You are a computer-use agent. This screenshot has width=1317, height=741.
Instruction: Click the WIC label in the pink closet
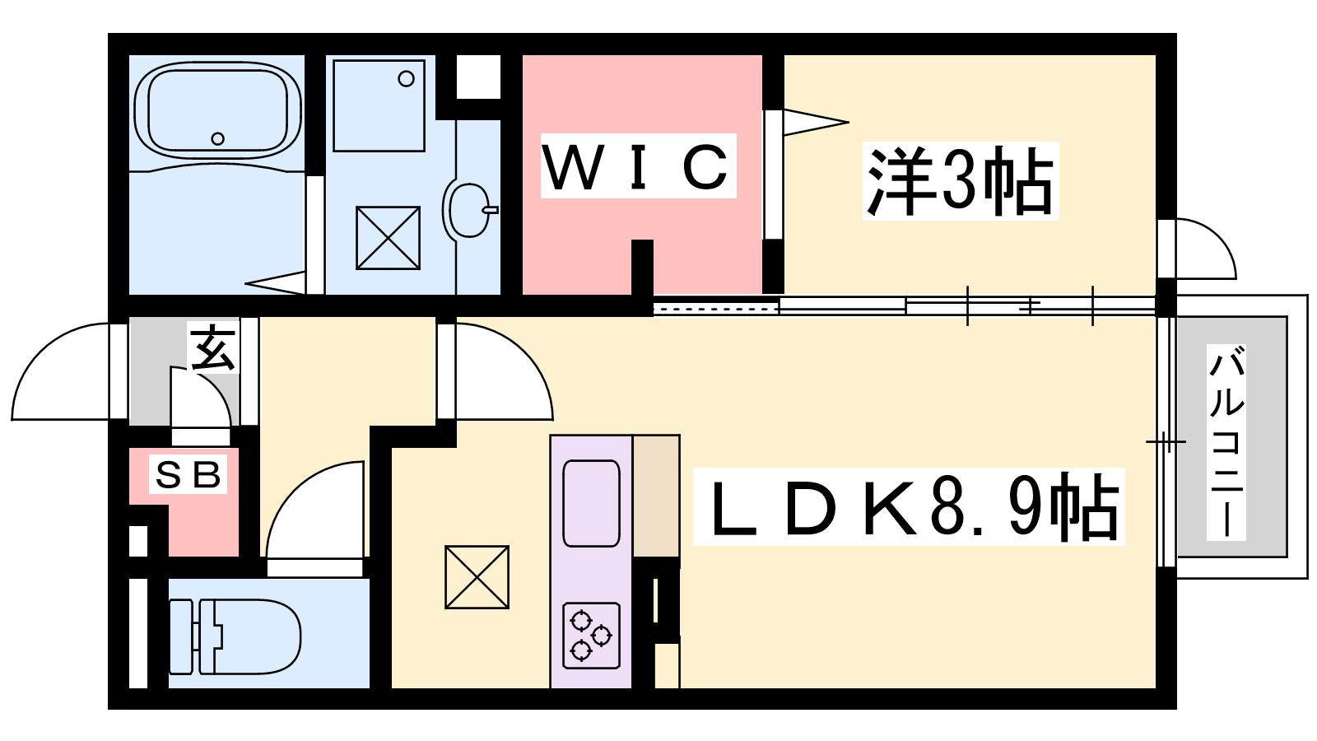point(638,165)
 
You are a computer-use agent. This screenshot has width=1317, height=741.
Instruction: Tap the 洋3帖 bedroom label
point(960,180)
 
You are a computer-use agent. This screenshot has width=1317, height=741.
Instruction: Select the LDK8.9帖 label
point(909,506)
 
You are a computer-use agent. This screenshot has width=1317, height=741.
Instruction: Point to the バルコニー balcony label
point(1226,442)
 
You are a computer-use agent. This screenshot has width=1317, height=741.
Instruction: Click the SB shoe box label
point(188,474)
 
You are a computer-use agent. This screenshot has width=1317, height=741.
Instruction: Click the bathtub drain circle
point(217,139)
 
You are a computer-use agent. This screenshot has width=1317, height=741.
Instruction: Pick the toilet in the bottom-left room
point(235,636)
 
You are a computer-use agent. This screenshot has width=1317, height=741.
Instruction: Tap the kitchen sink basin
point(591,503)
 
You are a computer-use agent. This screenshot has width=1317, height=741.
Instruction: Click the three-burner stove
point(591,636)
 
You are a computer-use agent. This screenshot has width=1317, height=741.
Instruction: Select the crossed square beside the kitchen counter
point(477,577)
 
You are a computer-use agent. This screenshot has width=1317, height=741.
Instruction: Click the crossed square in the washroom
point(388,238)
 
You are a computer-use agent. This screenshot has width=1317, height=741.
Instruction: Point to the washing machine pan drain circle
point(407,79)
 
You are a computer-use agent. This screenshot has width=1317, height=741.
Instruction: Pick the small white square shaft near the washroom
point(478,77)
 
